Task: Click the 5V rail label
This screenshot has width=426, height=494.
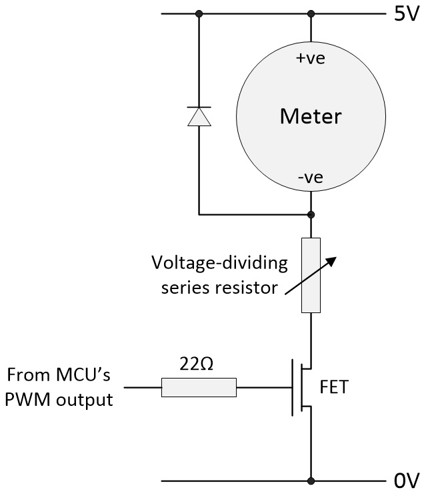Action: tap(405, 14)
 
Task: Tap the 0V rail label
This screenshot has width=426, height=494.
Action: tap(405, 480)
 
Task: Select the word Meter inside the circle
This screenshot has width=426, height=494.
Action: tap(311, 117)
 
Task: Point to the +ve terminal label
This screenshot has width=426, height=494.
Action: tap(310, 59)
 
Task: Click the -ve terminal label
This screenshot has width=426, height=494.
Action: tap(310, 178)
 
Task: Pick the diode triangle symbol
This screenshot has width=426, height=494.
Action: tap(199, 116)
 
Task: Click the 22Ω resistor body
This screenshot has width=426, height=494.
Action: tap(199, 387)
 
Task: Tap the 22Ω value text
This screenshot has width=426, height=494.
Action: tap(198, 364)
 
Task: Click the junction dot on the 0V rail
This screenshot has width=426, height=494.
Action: tap(311, 480)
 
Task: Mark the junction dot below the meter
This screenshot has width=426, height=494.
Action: tap(311, 215)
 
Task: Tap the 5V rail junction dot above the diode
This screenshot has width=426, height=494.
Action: tap(199, 13)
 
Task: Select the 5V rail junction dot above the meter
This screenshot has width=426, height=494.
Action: tap(311, 13)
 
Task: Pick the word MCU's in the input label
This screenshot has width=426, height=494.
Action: tap(78, 375)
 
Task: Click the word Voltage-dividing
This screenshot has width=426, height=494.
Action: tap(219, 262)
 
